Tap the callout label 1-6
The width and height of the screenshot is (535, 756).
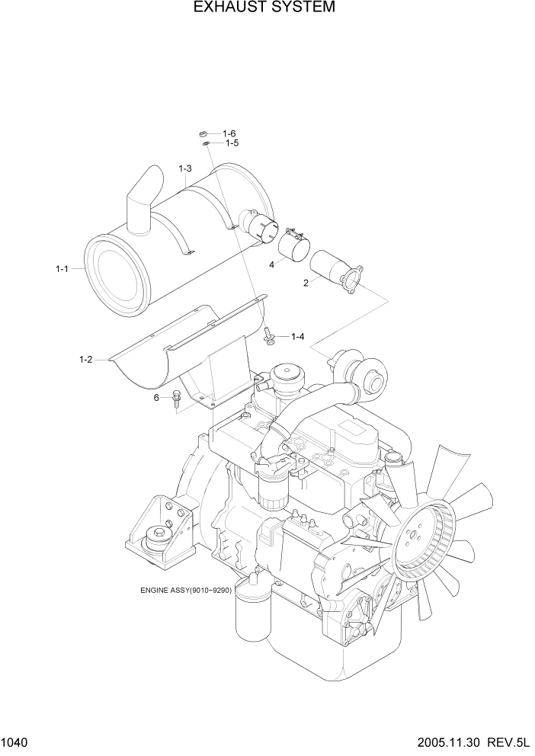tap(229, 133)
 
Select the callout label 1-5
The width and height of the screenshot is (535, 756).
tap(232, 143)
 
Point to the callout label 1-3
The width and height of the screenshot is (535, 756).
tap(185, 168)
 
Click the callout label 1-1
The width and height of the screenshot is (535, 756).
tap(62, 269)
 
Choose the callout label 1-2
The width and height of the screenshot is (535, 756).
tap(85, 359)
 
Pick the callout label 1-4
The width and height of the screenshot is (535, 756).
tap(297, 336)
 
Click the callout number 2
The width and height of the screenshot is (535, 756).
tap(306, 283)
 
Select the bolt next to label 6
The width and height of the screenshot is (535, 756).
tap(177, 398)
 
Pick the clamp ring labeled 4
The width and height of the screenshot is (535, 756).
tap(291, 245)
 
